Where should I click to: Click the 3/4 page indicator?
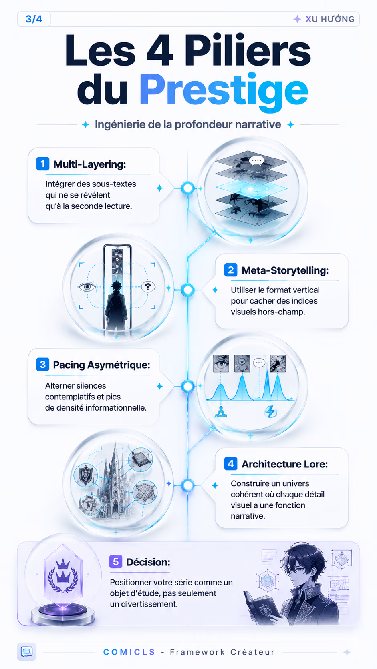click(x=34, y=19)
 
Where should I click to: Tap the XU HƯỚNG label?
click(x=329, y=19)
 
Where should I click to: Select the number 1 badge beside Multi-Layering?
click(x=43, y=164)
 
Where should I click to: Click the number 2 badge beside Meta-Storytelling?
click(x=231, y=270)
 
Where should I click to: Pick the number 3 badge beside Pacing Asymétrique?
click(x=43, y=365)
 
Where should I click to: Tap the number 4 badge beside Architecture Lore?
click(x=231, y=463)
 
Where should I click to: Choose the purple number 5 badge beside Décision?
click(x=116, y=562)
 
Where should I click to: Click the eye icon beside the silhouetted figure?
click(x=87, y=287)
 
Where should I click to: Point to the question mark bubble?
click(x=148, y=287)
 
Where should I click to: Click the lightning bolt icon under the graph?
click(x=270, y=411)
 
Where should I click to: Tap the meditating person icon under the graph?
click(x=221, y=412)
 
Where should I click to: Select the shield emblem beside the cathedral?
click(x=85, y=475)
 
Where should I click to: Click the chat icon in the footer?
click(x=26, y=652)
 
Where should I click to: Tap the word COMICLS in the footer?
click(x=129, y=652)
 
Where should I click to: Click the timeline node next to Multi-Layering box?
click(x=188, y=188)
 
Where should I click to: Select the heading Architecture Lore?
click(x=284, y=464)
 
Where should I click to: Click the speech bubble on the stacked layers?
click(x=256, y=161)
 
